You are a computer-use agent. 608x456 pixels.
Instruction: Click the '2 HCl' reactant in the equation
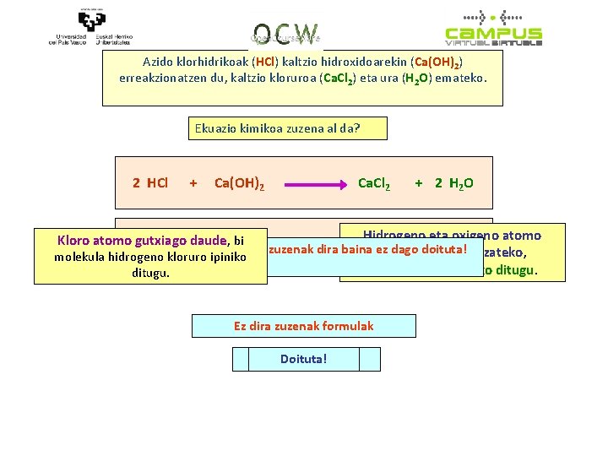(x=150, y=182)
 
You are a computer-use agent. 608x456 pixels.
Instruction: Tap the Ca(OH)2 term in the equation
(x=239, y=183)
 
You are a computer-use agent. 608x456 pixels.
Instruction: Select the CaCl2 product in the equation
(x=374, y=183)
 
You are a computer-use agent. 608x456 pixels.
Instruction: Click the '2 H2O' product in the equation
(x=453, y=183)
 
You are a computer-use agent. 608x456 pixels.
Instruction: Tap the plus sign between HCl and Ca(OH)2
(x=193, y=182)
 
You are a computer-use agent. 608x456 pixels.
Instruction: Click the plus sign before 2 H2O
(x=419, y=183)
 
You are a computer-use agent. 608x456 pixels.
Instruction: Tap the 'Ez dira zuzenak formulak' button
(x=303, y=326)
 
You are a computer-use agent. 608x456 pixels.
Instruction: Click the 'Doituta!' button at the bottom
(x=303, y=359)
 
